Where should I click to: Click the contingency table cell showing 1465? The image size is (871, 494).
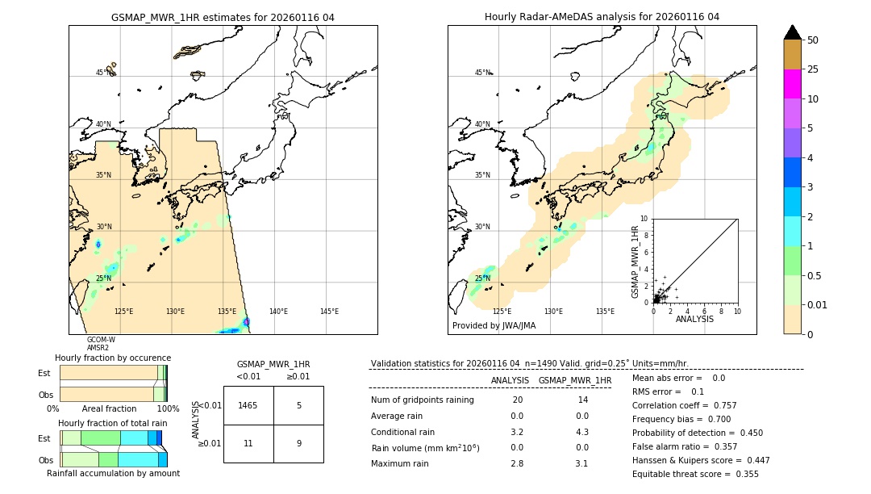248,405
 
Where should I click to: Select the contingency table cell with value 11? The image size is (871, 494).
248,443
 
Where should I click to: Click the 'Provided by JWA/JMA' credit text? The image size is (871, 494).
494,325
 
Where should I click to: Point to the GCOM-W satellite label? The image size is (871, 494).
101,340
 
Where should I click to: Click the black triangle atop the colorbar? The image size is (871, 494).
792,32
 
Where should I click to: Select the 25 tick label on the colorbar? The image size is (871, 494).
813,69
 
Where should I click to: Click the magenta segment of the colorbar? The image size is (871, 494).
792,84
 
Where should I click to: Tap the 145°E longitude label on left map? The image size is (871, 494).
329,312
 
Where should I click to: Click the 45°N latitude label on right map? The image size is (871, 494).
482,73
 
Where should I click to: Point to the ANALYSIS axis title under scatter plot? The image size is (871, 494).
694,319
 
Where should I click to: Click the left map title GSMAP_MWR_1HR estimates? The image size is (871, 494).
223,17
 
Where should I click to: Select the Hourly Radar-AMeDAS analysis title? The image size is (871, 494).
602,17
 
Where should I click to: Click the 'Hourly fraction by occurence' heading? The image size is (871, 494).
113,358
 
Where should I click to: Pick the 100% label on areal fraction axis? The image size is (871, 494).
167,409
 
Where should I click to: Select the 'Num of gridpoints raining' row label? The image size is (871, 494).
423,400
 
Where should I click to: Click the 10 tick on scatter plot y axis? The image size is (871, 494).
644,218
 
